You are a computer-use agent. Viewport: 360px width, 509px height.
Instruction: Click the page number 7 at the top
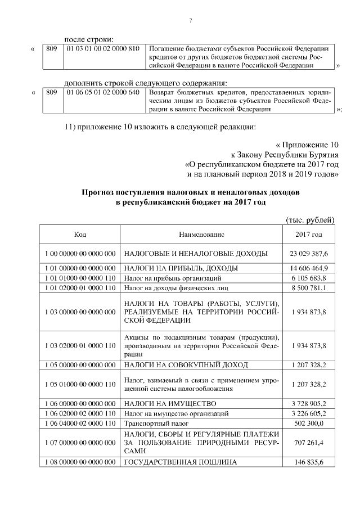(191, 21)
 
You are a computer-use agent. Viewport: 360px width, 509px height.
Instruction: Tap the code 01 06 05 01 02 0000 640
(102, 92)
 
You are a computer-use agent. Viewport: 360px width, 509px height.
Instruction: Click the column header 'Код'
(80, 235)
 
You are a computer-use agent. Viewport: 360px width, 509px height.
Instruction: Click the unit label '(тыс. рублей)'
(310, 219)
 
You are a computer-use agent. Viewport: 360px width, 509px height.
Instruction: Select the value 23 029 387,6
(309, 254)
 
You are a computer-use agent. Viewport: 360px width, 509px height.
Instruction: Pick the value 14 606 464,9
(309, 268)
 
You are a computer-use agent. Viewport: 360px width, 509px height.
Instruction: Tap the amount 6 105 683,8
(309, 278)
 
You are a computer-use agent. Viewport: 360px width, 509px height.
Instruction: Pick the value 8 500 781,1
(309, 288)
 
